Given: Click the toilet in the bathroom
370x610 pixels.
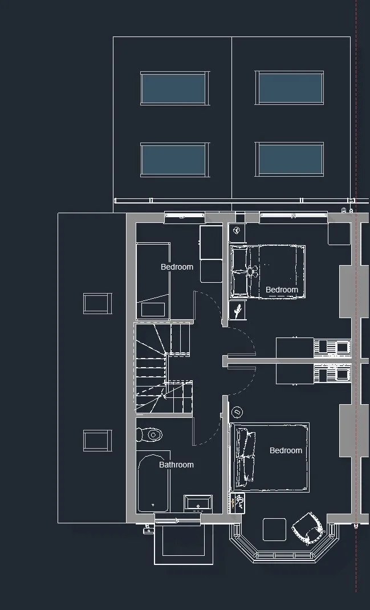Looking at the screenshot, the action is coord(149,434).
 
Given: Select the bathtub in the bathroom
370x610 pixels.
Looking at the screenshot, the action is coord(153,482).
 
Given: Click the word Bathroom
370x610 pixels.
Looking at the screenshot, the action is coord(176,465).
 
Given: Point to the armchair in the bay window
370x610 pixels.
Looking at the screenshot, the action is coord(308,528).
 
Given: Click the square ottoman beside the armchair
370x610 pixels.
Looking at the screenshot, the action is coord(274,530).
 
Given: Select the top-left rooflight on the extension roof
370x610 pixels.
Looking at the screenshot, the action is coord(174,88).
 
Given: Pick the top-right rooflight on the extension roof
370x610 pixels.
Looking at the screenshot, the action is coord(290,88).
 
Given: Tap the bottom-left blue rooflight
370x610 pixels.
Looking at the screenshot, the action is coord(174,160).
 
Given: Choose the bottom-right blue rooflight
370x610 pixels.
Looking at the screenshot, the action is coord(290,159).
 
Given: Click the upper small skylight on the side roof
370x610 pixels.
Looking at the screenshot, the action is coord(97,303).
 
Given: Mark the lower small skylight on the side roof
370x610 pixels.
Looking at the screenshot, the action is coord(97,440).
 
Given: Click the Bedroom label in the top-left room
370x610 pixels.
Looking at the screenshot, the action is coord(177,267).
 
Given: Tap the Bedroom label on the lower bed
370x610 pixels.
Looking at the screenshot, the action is coord(286,450).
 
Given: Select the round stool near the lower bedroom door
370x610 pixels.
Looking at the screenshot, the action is coord(237,412).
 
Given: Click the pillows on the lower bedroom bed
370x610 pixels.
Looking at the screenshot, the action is coord(245,457).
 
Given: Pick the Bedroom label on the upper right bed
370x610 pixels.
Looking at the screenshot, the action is coord(282,290).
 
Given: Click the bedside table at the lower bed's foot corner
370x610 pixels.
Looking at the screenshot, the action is coord(237,503).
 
